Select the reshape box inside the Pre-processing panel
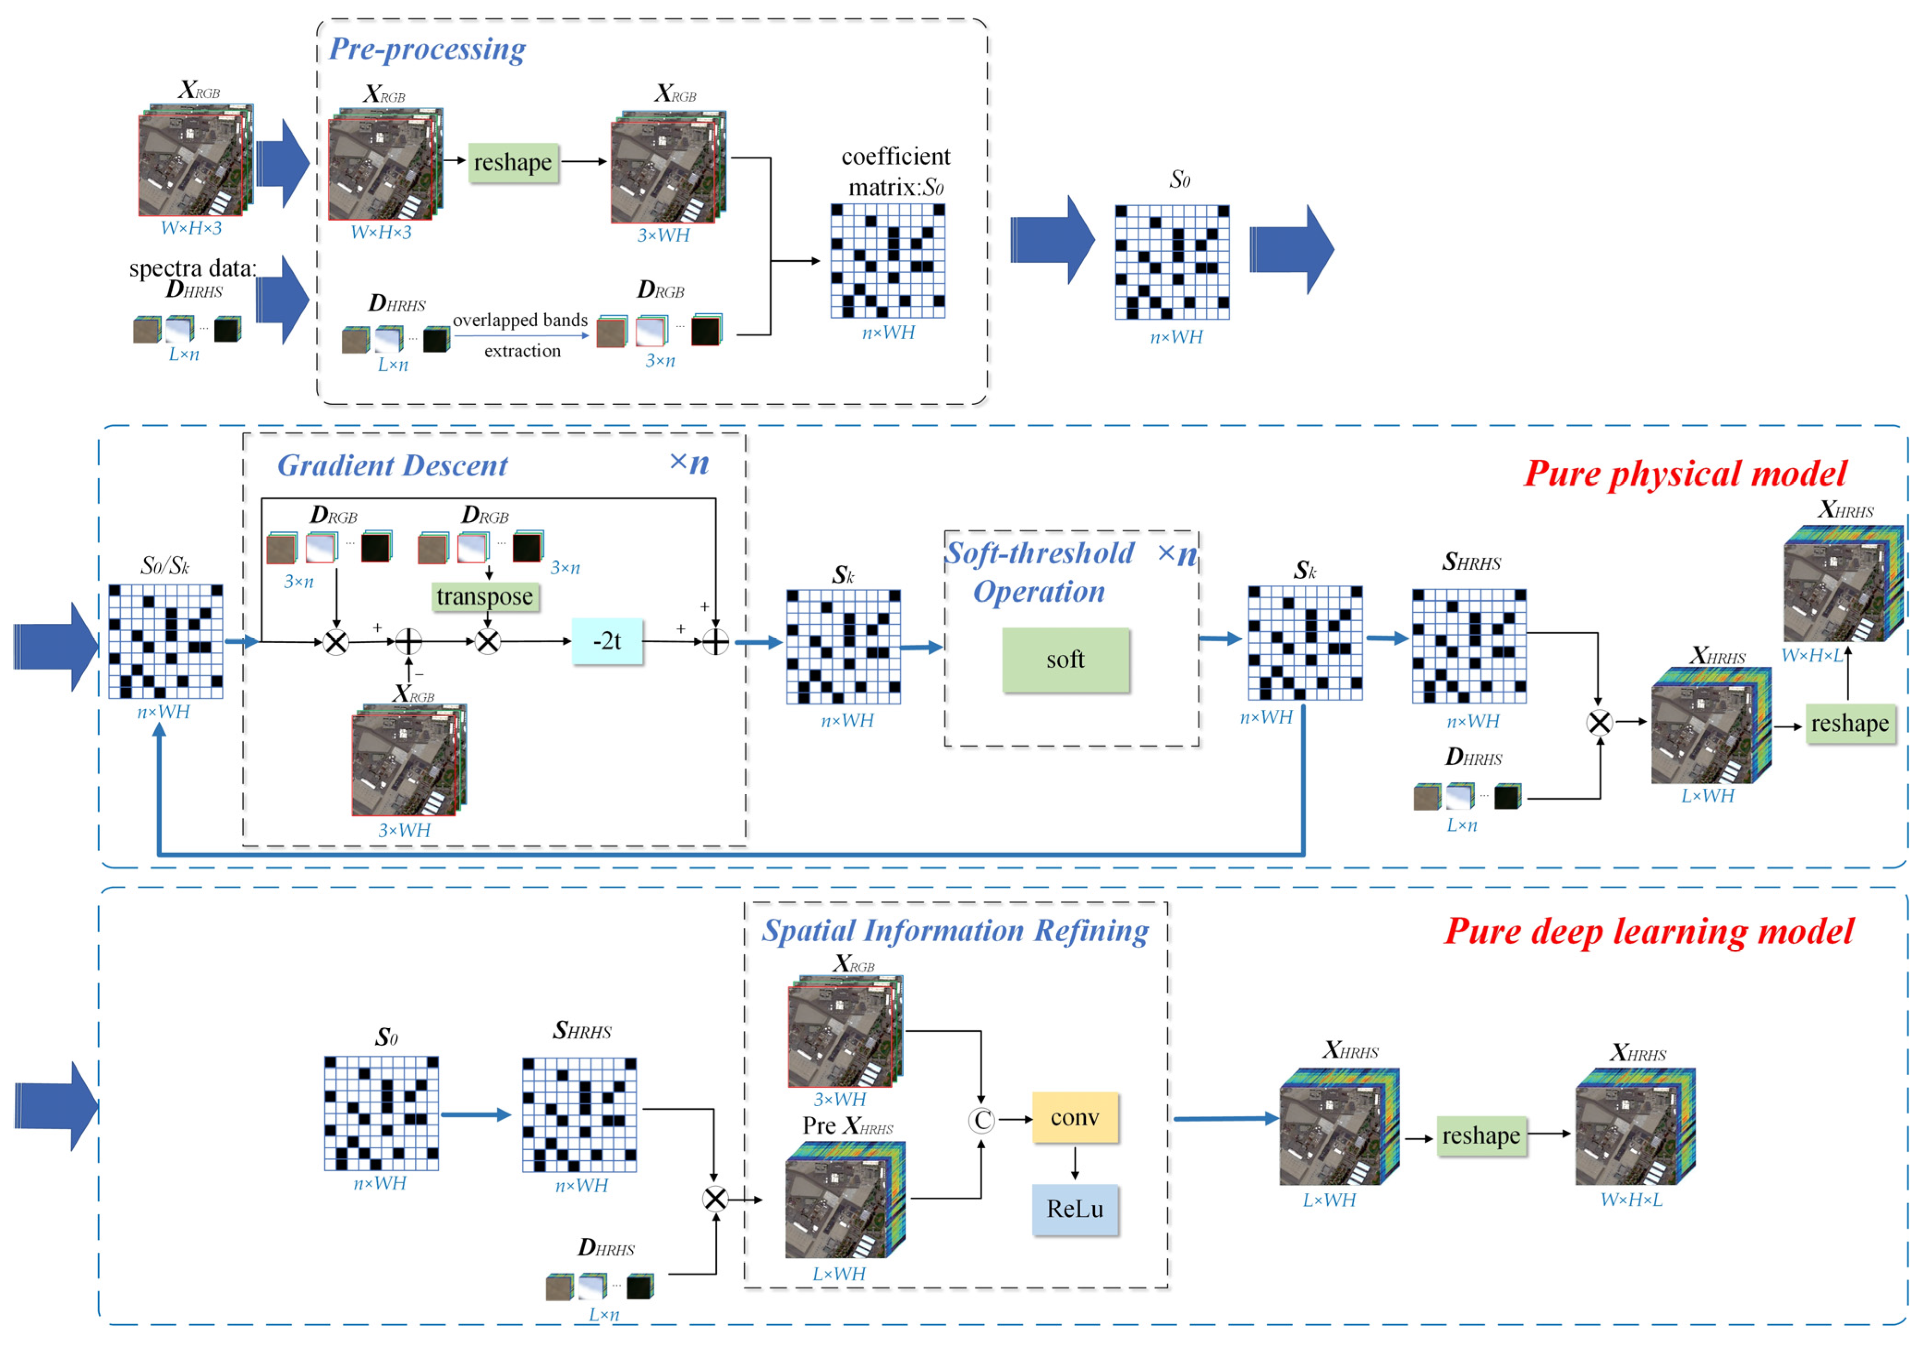tap(513, 162)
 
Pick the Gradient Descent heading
tap(393, 465)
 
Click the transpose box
tap(484, 596)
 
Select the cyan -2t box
tap(607, 641)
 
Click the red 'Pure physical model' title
tap(1685, 474)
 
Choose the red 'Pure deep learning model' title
tap(1648, 932)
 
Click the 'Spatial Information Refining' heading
tap(955, 931)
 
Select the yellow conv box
tap(1075, 1118)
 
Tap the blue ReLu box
tap(1075, 1209)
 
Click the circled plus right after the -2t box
tap(715, 642)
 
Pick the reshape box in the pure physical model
tap(1850, 724)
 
